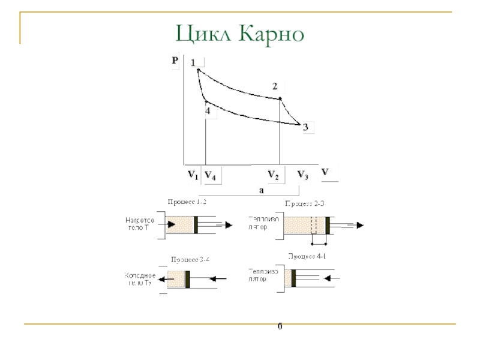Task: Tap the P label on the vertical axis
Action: pos(175,61)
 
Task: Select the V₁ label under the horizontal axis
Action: pos(192,175)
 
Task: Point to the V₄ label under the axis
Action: pos(210,175)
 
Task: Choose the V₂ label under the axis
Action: pos(273,175)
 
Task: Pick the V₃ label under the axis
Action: pos(303,175)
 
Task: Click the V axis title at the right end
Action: pos(325,172)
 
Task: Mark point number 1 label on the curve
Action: pos(193,62)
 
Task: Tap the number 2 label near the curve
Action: pos(275,86)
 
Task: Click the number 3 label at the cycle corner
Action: pos(305,127)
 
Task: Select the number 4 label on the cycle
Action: pos(208,111)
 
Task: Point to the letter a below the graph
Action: pos(261,190)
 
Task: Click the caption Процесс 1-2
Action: pos(187,202)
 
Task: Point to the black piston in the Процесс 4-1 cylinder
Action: pos(293,277)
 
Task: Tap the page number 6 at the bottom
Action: pos(280,327)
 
